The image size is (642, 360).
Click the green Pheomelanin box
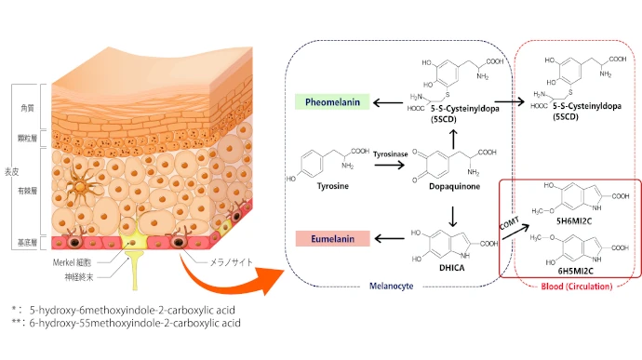pyautogui.click(x=332, y=102)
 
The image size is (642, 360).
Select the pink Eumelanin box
pyautogui.click(x=332, y=239)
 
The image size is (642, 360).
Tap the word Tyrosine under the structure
pyautogui.click(x=333, y=186)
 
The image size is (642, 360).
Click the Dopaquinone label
pyautogui.click(x=454, y=186)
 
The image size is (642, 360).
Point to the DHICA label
pyautogui.click(x=451, y=268)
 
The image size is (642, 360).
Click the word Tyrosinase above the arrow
pyautogui.click(x=390, y=154)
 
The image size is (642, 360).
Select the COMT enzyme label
pyautogui.click(x=509, y=223)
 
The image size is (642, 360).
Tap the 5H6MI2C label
pyautogui.click(x=574, y=221)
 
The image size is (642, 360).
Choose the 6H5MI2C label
pyautogui.click(x=575, y=271)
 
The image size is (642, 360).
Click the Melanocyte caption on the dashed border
pyautogui.click(x=391, y=287)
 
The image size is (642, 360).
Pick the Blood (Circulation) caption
pyautogui.click(x=577, y=287)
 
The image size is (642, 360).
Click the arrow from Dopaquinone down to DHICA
pyautogui.click(x=453, y=216)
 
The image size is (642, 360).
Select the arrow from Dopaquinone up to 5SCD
pyautogui.click(x=453, y=140)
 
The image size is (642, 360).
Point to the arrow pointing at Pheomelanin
pyautogui.click(x=389, y=102)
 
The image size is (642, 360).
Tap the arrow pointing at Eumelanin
pyautogui.click(x=389, y=238)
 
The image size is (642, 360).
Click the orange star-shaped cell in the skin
pyautogui.click(x=80, y=186)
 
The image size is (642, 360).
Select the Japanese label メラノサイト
pyautogui.click(x=232, y=262)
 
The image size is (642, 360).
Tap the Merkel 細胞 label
pyautogui.click(x=72, y=262)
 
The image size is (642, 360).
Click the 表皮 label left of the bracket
pyautogui.click(x=11, y=171)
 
